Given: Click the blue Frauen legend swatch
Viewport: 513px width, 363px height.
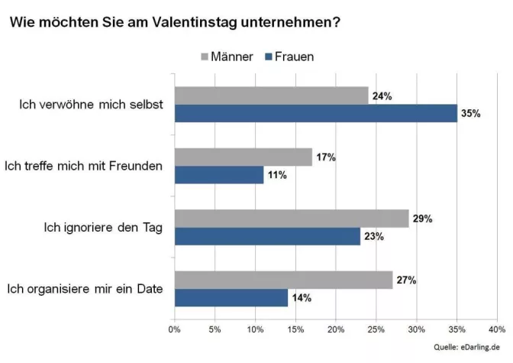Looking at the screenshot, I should click(267, 57).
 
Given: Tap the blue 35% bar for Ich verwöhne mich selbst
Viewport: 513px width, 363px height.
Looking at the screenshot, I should click(315, 114).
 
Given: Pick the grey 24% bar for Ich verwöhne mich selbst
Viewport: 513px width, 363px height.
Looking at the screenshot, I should click(271, 96).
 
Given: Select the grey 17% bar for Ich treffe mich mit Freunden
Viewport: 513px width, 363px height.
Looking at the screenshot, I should click(243, 157).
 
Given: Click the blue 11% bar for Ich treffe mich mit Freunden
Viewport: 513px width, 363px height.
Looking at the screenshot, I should click(218, 175).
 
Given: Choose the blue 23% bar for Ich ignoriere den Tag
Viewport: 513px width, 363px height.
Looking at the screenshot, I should click(267, 236).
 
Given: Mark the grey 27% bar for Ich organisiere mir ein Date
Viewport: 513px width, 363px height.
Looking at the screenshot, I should click(283, 280).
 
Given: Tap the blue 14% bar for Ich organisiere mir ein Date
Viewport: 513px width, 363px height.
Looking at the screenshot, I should click(231, 297).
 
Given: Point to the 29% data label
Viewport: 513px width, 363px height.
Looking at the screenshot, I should click(421, 219).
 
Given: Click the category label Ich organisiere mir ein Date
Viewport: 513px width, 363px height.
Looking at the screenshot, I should click(89, 288).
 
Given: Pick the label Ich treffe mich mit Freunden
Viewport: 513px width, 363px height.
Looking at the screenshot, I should click(84, 166).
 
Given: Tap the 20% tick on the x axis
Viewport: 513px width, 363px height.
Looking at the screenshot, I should click(335, 329).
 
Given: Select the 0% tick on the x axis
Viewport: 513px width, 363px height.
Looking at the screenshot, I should click(174, 329).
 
